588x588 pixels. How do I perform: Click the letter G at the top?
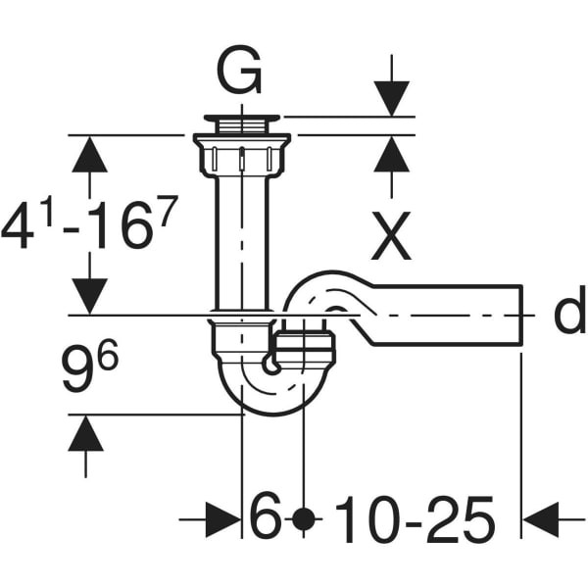tap(239, 72)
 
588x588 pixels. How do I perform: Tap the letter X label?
tap(391, 236)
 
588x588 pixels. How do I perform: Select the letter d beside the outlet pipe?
tap(569, 310)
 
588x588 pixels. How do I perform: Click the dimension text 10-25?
tap(415, 519)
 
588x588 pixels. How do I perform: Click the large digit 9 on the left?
tap(77, 369)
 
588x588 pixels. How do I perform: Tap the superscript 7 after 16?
tap(168, 211)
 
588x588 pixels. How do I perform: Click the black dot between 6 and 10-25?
tap(303, 519)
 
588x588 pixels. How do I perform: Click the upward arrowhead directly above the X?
tap(391, 154)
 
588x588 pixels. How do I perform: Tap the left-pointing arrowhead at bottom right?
tap(541, 519)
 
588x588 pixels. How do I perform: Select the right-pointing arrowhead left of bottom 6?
tap(222, 519)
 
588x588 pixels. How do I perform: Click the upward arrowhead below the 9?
tap(86, 433)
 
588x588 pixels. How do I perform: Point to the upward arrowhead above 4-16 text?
tap(89, 154)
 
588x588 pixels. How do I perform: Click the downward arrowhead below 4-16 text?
tap(89, 296)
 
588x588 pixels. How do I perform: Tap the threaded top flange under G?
tap(242, 123)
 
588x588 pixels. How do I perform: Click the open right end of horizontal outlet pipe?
tap(521, 315)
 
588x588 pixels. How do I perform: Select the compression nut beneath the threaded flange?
tap(242, 156)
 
